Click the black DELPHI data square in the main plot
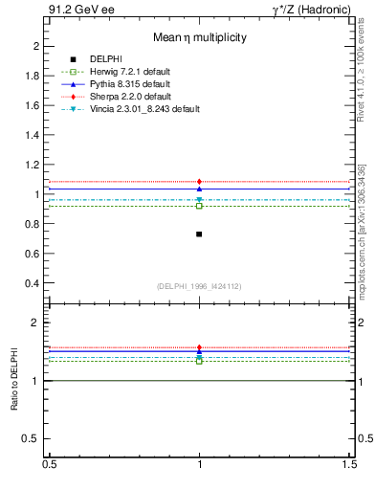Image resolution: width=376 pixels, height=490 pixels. [199, 234]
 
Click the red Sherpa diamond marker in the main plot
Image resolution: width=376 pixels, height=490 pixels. [199, 182]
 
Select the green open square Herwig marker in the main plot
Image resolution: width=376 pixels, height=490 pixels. [199, 206]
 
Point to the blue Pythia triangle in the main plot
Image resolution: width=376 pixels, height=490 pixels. [199, 189]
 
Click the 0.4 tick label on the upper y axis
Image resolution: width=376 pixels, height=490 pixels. [33, 283]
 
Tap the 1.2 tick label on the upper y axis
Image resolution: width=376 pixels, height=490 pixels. [33, 165]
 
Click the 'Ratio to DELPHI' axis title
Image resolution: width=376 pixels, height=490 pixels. [14, 381]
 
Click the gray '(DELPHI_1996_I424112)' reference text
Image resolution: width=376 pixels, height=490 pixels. [199, 286]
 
